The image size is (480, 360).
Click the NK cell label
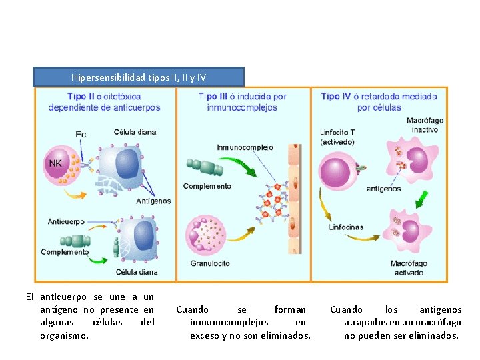pos(56,163)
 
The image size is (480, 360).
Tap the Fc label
pos(81,135)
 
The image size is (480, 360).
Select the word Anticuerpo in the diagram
pos(67,221)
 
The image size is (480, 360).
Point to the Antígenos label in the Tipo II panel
pos(153,201)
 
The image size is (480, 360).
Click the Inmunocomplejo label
pos(245,147)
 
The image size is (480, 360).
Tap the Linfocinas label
pos(346,227)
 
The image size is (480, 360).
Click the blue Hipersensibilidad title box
pos(139,77)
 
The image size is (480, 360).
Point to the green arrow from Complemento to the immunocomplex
pos(238,167)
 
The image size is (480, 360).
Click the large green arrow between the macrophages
pos(421,199)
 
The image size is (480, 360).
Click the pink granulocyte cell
pos(207,234)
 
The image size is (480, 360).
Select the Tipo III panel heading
pos(242,101)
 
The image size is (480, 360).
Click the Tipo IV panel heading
pos(379,101)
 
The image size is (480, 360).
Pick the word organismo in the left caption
pos(64,335)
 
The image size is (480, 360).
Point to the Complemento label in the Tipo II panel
pos(64,252)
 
